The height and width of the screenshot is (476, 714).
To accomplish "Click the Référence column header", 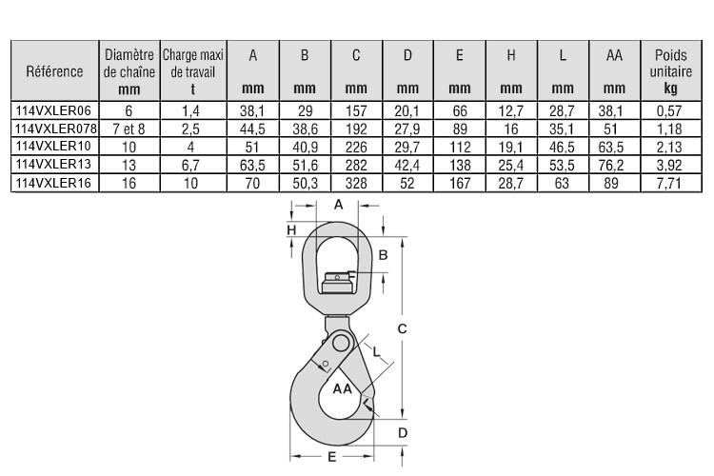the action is pyautogui.click(x=54, y=71).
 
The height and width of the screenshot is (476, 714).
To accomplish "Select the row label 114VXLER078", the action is pyautogui.click(x=55, y=129).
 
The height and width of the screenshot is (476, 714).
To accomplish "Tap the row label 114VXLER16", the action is pyautogui.click(x=53, y=183).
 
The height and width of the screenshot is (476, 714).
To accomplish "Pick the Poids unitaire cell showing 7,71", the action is pyautogui.click(x=669, y=183).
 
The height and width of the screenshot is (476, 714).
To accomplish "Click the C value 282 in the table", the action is pyautogui.click(x=356, y=165).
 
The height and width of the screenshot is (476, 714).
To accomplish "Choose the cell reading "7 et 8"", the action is pyautogui.click(x=129, y=129).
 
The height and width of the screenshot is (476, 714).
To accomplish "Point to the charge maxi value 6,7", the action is pyautogui.click(x=190, y=165).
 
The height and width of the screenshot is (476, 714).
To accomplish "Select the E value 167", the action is pyautogui.click(x=460, y=183).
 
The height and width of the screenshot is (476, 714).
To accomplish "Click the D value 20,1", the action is pyautogui.click(x=407, y=110).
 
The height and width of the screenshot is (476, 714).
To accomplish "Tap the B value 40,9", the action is pyautogui.click(x=305, y=147).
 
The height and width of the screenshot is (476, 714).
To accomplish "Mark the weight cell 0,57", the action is pyautogui.click(x=669, y=110).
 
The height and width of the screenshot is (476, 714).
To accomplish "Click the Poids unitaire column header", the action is pyautogui.click(x=671, y=71).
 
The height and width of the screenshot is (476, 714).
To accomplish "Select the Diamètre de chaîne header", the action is pyautogui.click(x=129, y=71).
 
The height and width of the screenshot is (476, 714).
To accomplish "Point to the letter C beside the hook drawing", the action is pyautogui.click(x=402, y=328).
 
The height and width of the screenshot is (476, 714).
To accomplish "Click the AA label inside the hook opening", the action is pyautogui.click(x=342, y=388).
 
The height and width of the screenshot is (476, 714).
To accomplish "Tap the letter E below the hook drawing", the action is pyautogui.click(x=332, y=456).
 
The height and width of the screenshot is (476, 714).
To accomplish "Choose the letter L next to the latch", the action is pyautogui.click(x=376, y=351).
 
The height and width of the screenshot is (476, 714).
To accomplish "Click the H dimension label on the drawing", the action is pyautogui.click(x=291, y=230).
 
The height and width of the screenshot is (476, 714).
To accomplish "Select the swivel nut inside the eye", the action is pyautogui.click(x=337, y=283).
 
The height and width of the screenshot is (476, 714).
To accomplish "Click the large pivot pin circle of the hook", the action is pyautogui.click(x=340, y=343).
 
